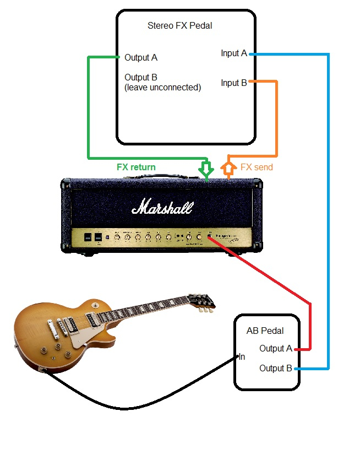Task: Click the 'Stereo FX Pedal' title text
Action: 179,25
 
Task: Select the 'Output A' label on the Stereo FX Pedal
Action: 141,57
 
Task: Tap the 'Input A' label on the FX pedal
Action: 233,53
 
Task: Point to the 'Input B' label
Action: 233,83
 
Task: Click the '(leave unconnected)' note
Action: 163,87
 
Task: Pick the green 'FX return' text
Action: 136,167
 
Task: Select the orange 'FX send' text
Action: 257,167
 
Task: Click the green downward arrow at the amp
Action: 206,169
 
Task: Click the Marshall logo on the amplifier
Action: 162,208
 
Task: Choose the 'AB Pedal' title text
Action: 265,331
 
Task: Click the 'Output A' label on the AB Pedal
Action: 276,349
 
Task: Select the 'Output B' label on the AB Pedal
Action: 276,368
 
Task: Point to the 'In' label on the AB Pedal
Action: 241,356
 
